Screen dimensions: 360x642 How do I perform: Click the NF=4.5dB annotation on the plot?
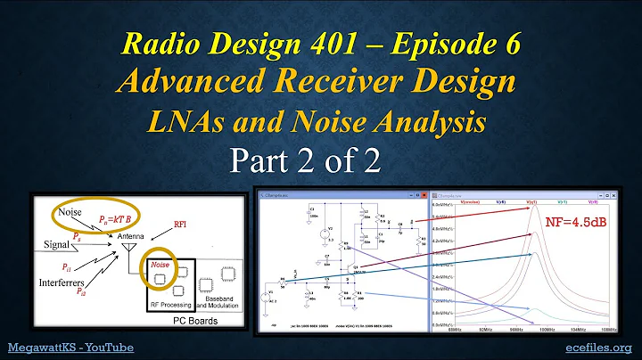[x=580, y=223]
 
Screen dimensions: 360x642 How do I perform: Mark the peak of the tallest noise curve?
[x=536, y=205]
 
